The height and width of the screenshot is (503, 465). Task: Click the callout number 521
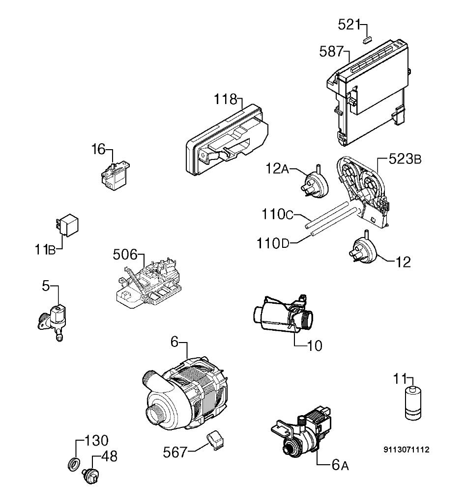coord(349,25)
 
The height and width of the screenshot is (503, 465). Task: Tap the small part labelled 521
coord(367,40)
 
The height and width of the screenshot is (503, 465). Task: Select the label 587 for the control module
coord(331,52)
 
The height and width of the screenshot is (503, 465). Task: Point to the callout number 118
coord(226,99)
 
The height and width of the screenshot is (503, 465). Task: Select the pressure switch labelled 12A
coord(316,183)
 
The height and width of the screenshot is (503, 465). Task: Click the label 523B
coord(405,159)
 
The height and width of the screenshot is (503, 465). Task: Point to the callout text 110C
coord(278,214)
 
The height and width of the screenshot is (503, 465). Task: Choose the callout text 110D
coord(273,243)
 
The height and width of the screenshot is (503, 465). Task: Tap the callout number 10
coord(315,345)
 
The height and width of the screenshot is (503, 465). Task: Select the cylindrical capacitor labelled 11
coord(413,403)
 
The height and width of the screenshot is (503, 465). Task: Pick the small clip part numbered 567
coord(215,440)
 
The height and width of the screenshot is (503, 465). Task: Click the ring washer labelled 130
coord(73,464)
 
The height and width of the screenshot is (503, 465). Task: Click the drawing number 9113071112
coord(406,450)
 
